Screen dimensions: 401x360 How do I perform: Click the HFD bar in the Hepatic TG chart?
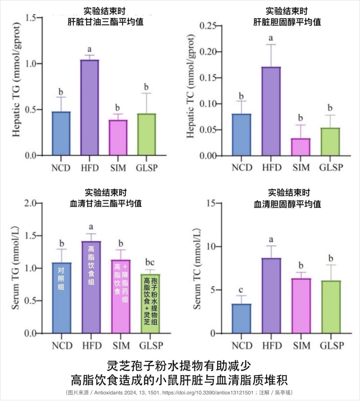tap(90, 108)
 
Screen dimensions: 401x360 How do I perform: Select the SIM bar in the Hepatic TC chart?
tap(300, 147)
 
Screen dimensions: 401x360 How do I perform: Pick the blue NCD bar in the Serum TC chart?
tap(241, 319)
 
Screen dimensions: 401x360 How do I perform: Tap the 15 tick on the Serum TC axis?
tap(219, 203)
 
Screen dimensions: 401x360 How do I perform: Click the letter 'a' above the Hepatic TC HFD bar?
tap(271, 38)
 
